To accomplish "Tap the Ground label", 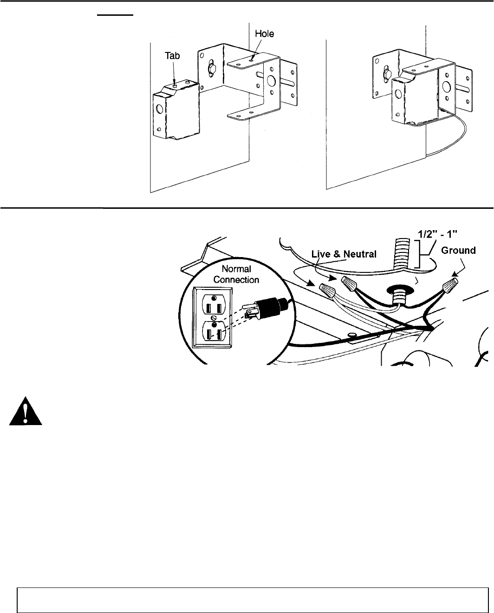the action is click(x=458, y=251).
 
